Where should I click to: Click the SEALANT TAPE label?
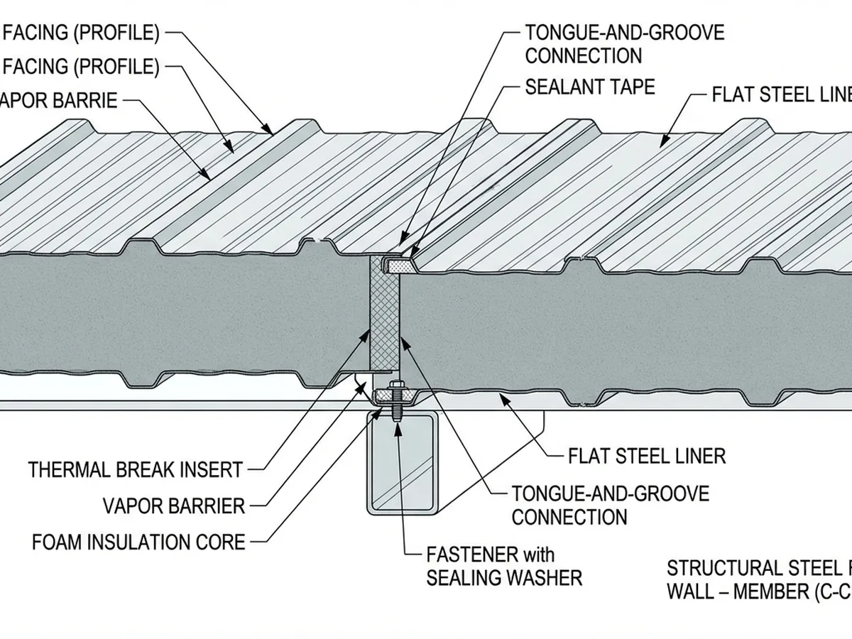point(589,87)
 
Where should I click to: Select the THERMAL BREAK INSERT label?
point(136,470)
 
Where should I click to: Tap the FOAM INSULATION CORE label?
point(138,542)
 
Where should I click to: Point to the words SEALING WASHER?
point(504,578)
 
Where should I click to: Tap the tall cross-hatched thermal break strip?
point(384,312)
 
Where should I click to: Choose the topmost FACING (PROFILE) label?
point(81,32)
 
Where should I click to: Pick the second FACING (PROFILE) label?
point(81,67)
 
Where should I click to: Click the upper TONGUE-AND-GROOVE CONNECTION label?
point(624,43)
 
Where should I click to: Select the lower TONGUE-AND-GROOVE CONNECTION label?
point(610,504)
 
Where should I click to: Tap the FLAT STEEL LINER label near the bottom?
point(647,455)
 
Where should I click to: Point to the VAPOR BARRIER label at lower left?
point(173,506)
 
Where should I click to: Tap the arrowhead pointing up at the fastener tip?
point(395,417)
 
